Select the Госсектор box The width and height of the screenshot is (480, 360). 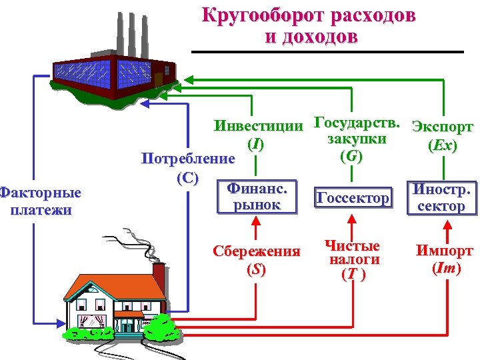click(x=353, y=198)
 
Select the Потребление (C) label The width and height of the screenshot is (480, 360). click(x=188, y=167)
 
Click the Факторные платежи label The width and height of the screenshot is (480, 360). click(x=41, y=201)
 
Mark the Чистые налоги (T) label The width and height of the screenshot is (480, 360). click(x=352, y=259)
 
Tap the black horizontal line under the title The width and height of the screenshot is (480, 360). click(x=327, y=52)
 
